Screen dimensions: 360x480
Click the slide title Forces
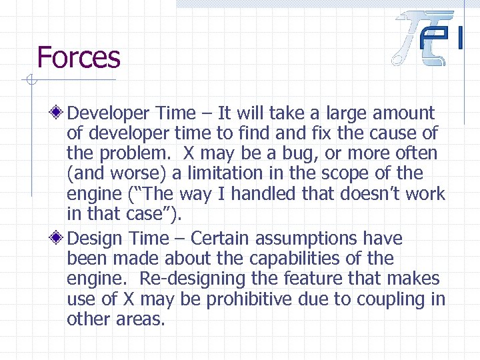coord(79,57)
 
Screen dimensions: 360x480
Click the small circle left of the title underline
coord(29,81)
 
